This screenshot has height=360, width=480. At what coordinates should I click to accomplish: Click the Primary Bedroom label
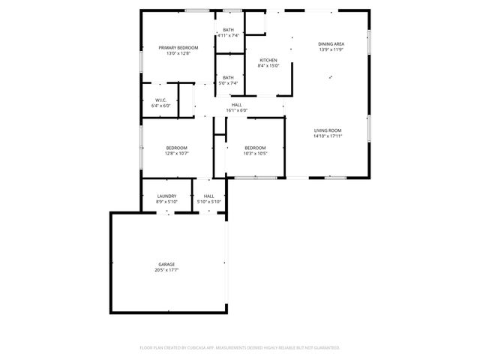(x=178, y=47)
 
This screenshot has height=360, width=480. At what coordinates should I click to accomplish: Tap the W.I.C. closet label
(x=160, y=100)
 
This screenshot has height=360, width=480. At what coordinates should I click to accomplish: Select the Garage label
(x=166, y=264)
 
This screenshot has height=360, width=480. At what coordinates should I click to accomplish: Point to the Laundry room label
(x=166, y=196)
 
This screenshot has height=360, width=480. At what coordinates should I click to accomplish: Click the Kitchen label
(x=268, y=60)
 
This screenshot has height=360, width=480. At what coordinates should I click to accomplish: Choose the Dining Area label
(x=331, y=44)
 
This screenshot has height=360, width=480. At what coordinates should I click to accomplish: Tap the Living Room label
(x=328, y=130)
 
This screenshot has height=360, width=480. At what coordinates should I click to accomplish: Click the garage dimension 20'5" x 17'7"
(x=166, y=269)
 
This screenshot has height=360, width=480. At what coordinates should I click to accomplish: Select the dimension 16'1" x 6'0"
(x=237, y=110)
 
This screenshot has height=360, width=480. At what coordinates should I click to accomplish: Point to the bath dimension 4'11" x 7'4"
(x=228, y=35)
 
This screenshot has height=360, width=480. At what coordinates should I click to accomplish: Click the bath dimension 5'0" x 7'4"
(x=228, y=82)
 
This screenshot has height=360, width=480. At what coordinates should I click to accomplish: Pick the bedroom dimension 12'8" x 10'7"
(x=177, y=153)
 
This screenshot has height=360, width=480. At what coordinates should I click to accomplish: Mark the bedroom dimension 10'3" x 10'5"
(x=255, y=153)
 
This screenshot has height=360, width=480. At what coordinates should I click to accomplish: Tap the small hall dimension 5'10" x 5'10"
(x=208, y=202)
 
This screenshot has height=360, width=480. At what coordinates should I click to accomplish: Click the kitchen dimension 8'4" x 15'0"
(x=268, y=66)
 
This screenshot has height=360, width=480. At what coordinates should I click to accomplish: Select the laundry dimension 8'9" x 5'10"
(x=166, y=202)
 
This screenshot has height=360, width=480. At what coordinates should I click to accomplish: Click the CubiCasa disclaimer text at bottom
(x=240, y=347)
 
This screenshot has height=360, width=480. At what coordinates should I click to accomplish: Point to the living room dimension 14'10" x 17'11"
(x=328, y=136)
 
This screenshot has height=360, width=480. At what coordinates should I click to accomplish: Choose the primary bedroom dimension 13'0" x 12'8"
(x=178, y=52)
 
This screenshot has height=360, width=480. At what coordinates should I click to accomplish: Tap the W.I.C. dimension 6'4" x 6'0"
(x=160, y=106)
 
